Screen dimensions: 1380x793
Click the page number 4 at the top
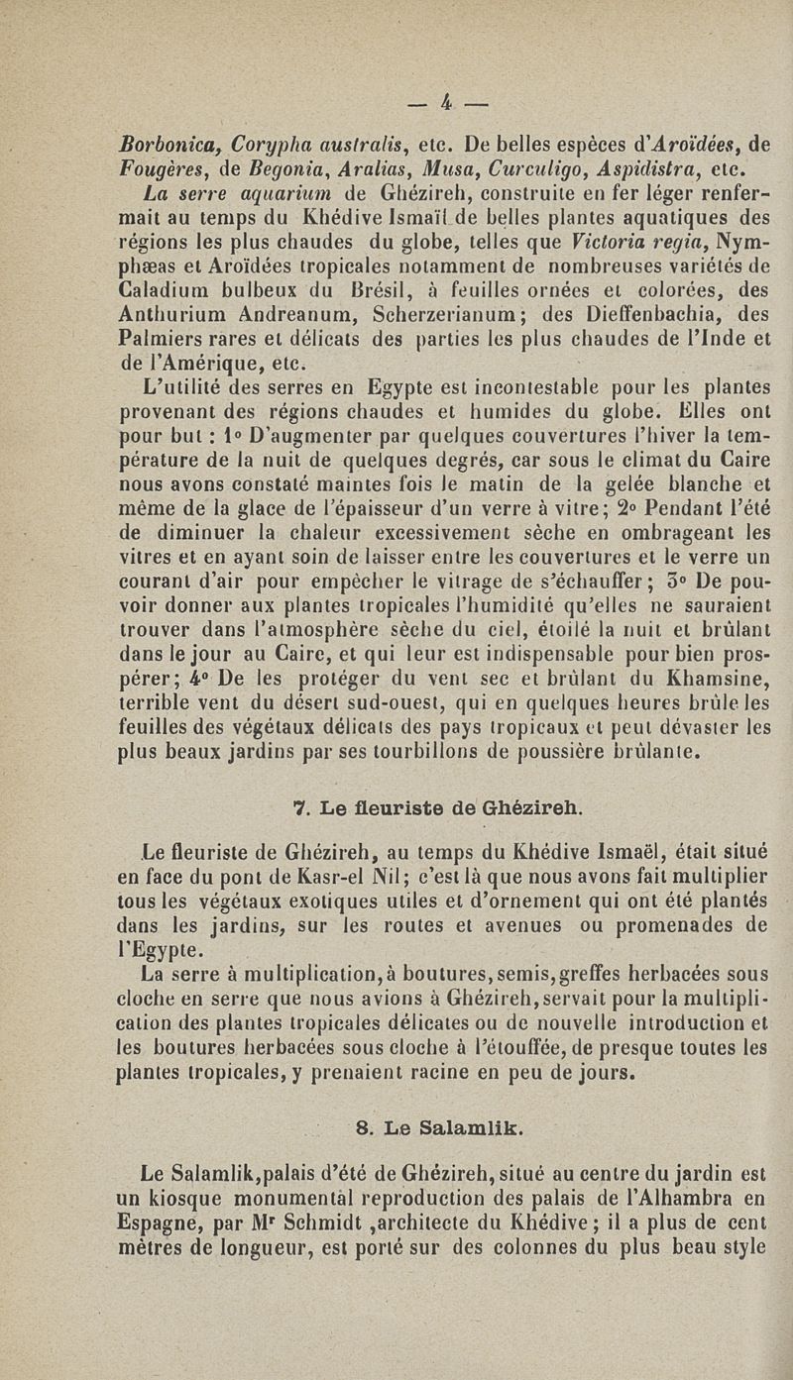coord(449,99)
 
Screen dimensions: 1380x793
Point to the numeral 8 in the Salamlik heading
coord(362,1123)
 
